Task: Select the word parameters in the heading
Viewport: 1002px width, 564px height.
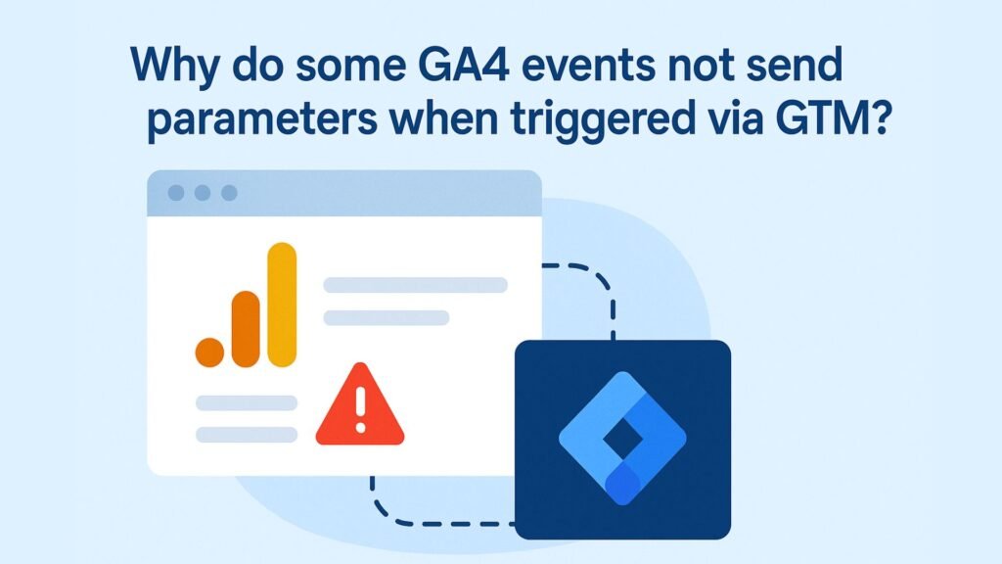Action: point(262,121)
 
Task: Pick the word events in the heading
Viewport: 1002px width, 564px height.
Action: point(589,66)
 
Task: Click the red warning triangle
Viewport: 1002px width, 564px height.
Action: point(360,404)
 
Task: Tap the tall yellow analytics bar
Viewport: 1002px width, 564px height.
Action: point(282,305)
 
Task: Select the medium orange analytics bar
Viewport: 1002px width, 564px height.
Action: point(246,329)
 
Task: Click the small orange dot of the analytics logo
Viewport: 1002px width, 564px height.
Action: point(209,352)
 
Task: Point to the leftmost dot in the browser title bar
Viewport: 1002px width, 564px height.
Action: point(176,193)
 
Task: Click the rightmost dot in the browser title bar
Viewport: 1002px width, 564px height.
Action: point(229,193)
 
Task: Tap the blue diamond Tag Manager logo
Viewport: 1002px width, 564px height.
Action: point(622,439)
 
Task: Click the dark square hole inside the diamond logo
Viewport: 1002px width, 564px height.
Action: point(623,438)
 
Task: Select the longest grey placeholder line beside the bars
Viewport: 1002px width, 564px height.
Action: point(415,285)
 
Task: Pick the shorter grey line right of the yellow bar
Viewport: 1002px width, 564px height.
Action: point(387,318)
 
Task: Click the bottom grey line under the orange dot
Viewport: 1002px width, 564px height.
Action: point(247,435)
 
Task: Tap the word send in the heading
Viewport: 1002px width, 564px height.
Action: point(795,66)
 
